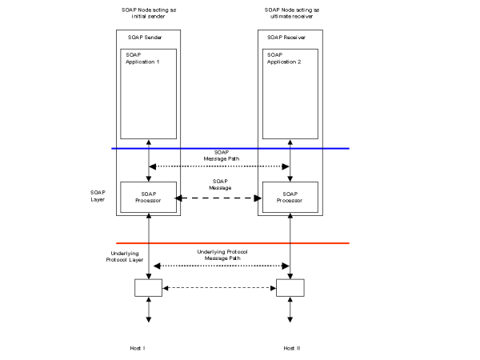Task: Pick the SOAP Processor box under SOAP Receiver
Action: click(289, 198)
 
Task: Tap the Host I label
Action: click(137, 349)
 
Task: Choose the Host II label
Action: click(291, 349)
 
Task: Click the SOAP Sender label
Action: click(143, 38)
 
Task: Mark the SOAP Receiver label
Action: click(286, 38)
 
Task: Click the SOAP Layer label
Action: click(98, 196)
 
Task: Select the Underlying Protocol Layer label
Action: click(125, 256)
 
